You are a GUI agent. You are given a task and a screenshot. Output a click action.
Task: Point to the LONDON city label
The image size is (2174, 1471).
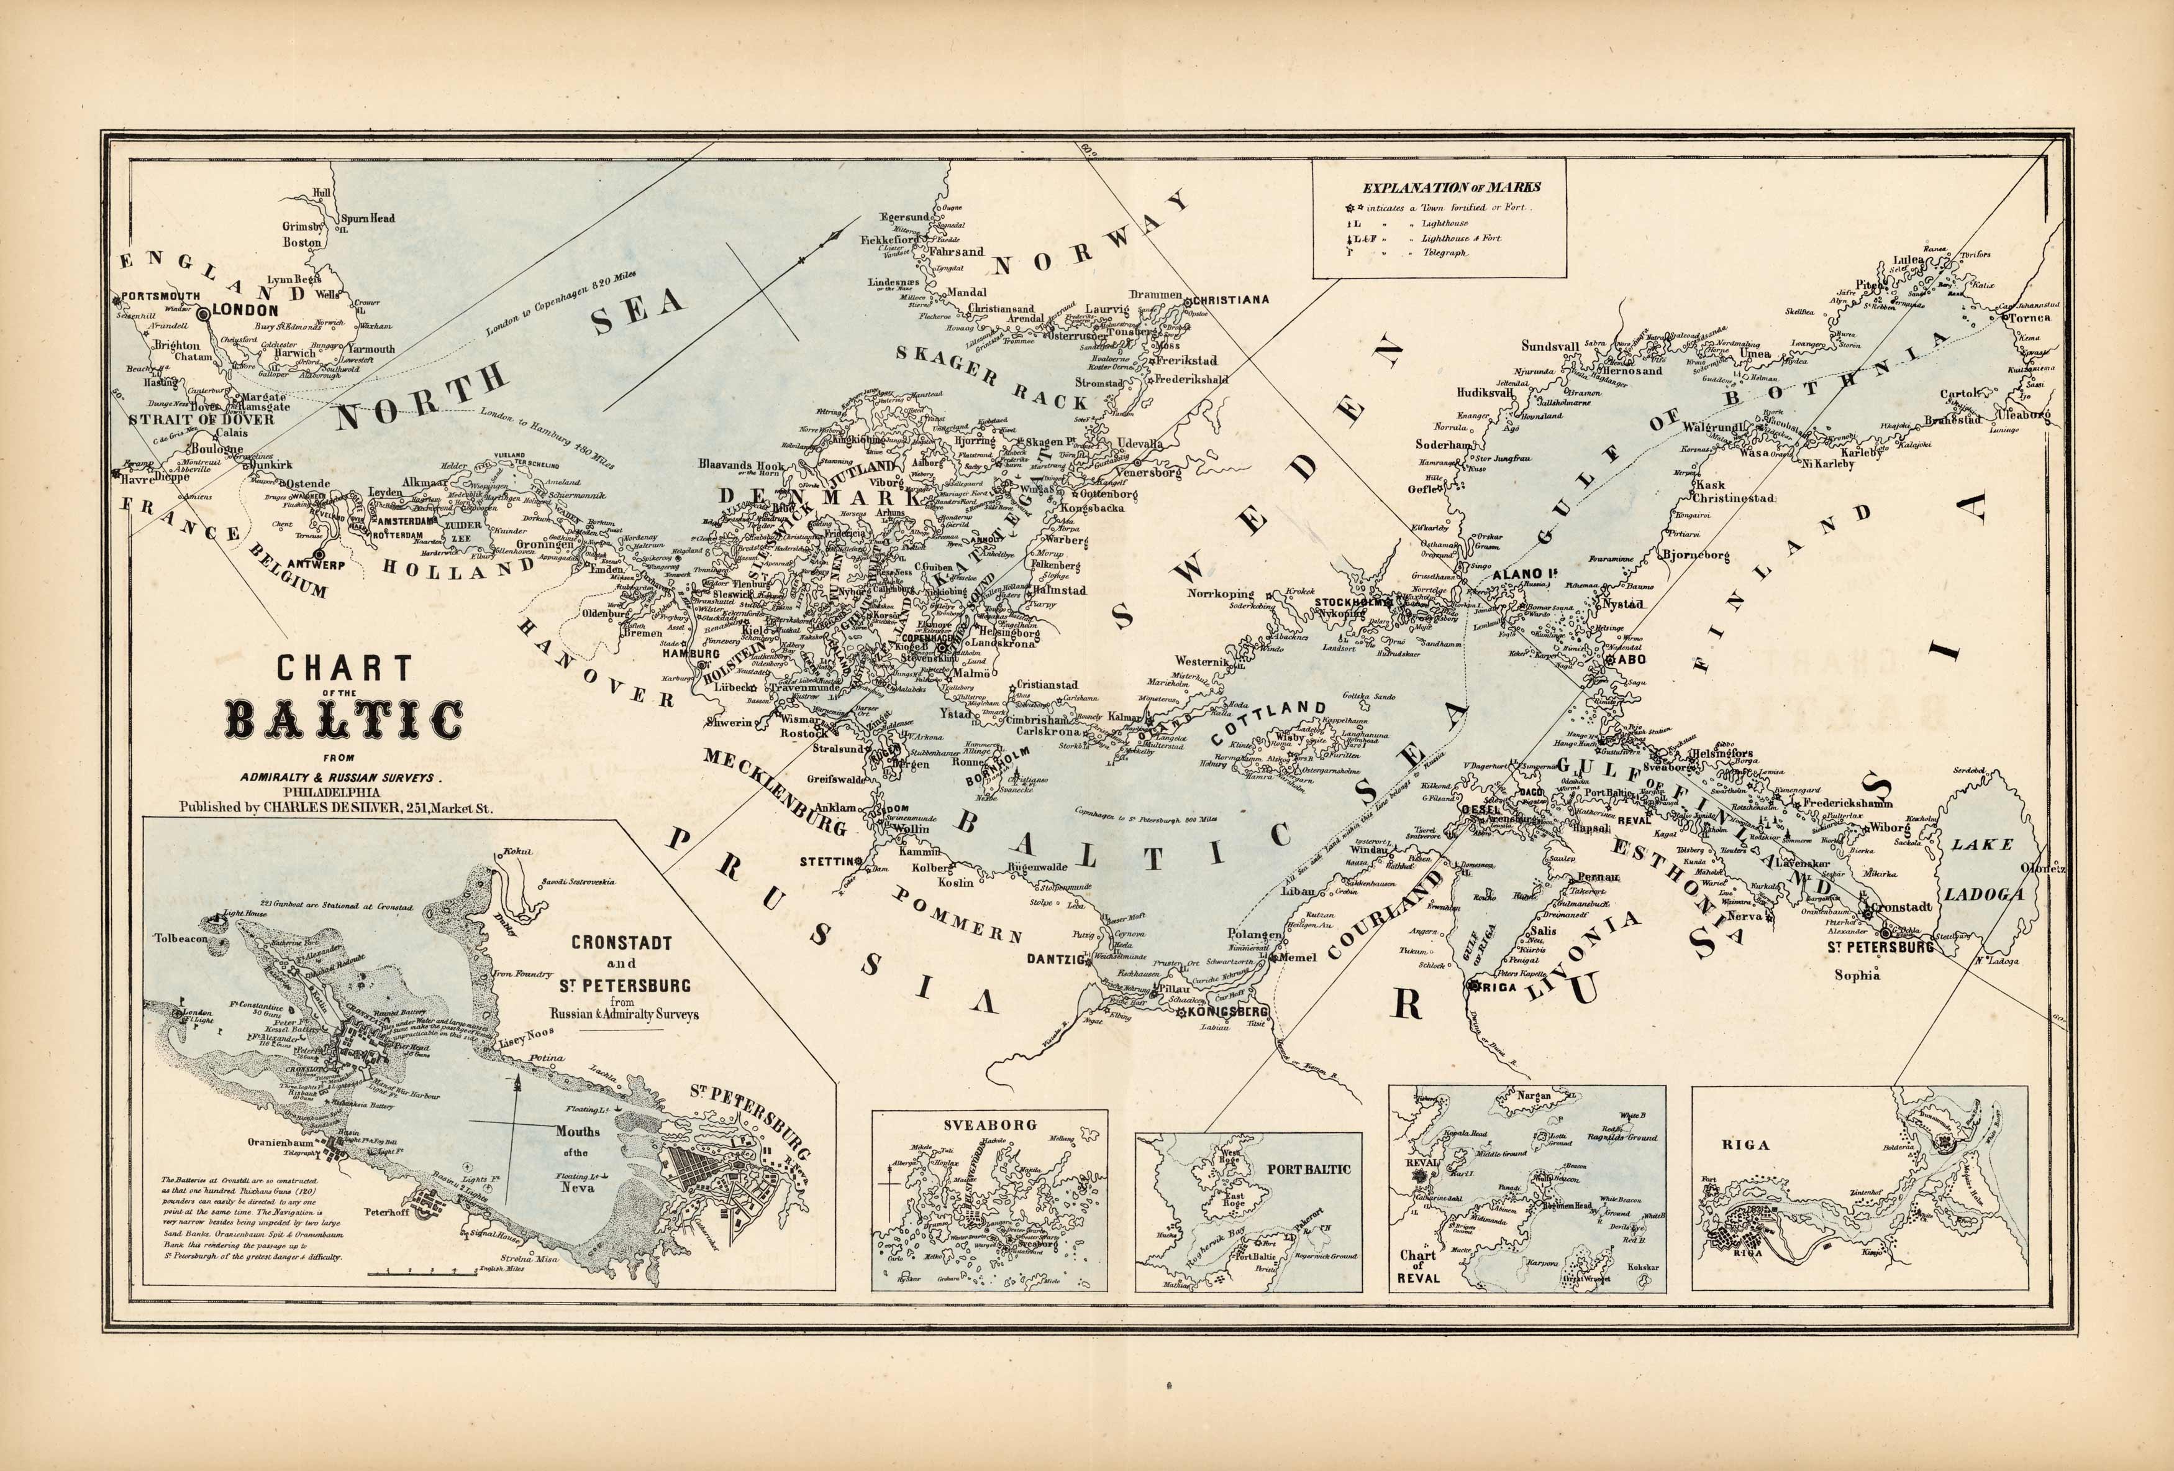coord(245,309)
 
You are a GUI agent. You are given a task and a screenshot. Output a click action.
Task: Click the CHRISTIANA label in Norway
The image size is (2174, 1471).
coord(1230,300)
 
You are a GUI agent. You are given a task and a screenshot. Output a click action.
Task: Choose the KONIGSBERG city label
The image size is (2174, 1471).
coord(1226,1012)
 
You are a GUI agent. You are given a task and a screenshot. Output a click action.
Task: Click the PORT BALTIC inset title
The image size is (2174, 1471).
coord(1309,1169)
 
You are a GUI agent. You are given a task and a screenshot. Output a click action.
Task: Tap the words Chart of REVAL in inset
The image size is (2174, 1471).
coord(1417,1266)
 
